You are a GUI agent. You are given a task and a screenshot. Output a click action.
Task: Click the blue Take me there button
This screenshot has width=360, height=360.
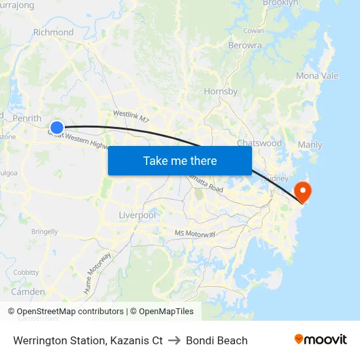coord(179,160)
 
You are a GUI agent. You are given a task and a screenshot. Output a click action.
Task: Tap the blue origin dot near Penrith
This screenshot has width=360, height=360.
coord(57,128)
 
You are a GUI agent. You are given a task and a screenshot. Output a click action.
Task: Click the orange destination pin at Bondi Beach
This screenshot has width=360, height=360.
coord(304,191)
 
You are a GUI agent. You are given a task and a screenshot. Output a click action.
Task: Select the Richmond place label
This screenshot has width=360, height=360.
coord(53,32)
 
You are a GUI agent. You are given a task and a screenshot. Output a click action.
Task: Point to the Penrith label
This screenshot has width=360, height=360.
coord(27,118)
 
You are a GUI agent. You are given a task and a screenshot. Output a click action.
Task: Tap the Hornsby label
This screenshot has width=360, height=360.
coord(221,92)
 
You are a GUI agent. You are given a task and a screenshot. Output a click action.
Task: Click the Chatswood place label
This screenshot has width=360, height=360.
coord(259,143)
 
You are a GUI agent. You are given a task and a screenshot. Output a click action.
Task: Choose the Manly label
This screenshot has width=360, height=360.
coord(310,145)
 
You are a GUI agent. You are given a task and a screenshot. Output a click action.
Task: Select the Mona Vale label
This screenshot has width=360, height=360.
coord(317,76)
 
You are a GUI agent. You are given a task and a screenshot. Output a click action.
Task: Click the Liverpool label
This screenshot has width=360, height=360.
coord(137,215)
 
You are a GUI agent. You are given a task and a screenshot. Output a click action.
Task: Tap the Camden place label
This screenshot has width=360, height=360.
coord(28,291)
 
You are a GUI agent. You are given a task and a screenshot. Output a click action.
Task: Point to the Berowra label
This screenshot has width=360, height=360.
coord(245,46)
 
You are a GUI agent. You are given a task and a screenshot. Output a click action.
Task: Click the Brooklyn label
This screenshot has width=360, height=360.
coord(280,3)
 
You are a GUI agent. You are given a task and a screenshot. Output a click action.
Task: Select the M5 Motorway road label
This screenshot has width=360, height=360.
coord(195,234)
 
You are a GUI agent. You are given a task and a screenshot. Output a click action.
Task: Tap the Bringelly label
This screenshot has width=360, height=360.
coord(45,232)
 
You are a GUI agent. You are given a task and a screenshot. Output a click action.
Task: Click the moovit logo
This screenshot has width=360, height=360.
coord(320,340)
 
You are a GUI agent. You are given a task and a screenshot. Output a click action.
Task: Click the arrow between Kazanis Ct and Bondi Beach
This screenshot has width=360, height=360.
coord(174,340)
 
